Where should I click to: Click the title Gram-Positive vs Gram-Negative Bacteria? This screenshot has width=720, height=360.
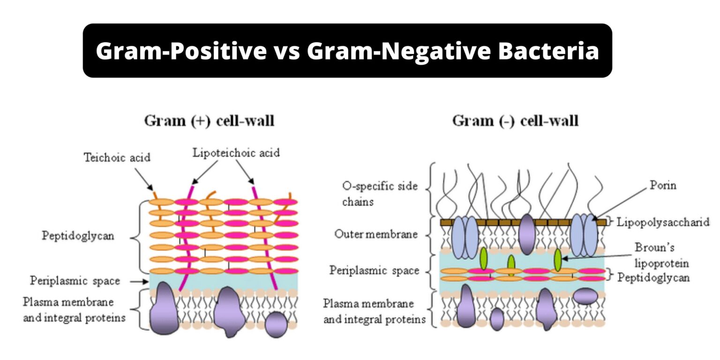coord(347,51)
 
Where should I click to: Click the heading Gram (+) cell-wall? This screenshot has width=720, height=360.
coord(209,121)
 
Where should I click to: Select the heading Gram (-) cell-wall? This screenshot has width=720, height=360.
coord(515,121)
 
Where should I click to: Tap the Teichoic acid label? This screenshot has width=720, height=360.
coord(117,157)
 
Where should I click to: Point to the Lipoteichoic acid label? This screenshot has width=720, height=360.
coord(236,153)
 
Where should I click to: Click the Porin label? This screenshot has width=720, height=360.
coord(663,185)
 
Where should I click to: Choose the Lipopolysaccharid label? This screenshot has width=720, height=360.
coord(663,222)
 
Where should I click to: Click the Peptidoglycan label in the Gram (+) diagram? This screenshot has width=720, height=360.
coord(78,235)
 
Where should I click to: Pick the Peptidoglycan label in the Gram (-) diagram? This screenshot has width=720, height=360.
coord(653,277)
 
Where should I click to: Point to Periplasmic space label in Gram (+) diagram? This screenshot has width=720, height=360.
coord(75,281)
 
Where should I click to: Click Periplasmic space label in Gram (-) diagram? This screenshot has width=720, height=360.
coord(374,270)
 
